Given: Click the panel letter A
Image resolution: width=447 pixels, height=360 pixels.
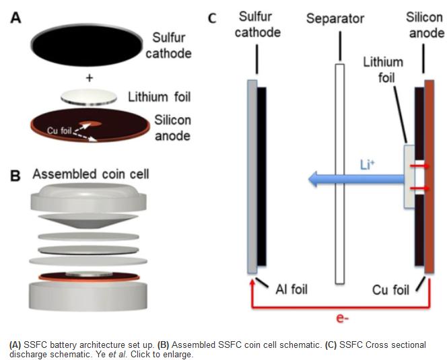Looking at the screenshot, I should (15, 17).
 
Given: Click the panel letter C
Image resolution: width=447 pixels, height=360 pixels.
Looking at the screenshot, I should (211, 17).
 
